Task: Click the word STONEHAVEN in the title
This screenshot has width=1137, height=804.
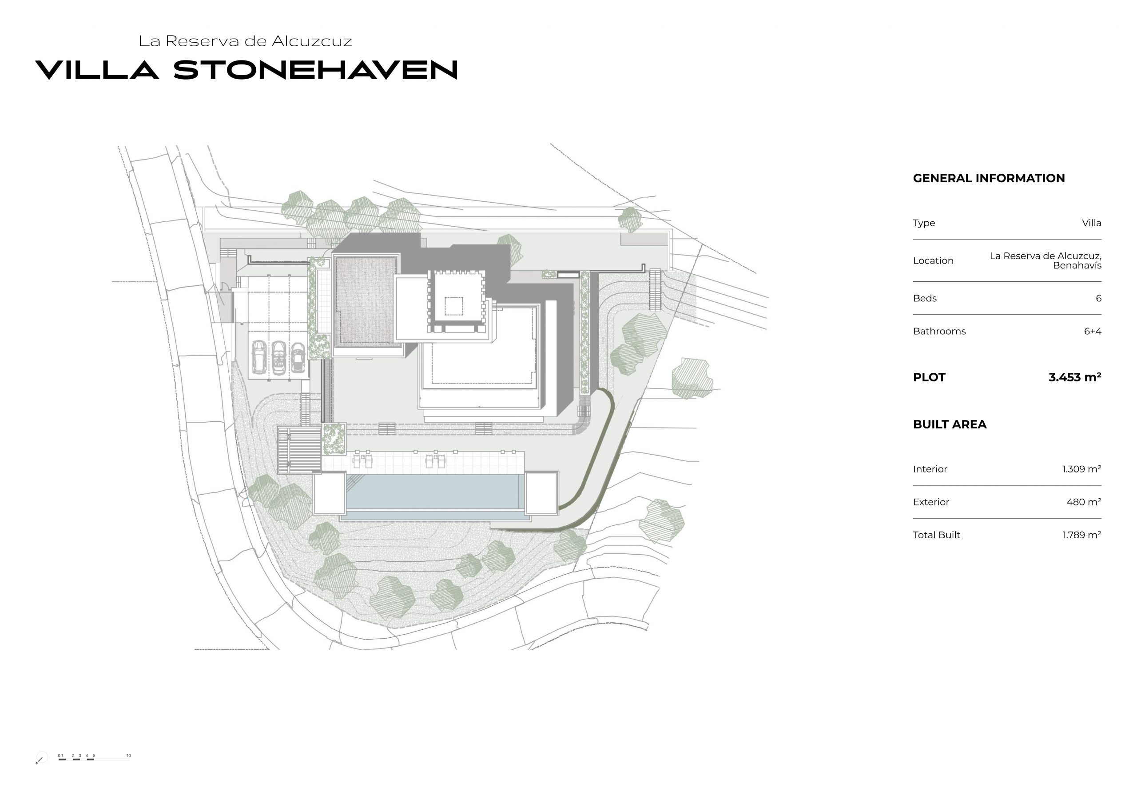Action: pyautogui.click(x=315, y=70)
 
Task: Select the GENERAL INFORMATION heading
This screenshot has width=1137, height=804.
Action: pyautogui.click(x=989, y=179)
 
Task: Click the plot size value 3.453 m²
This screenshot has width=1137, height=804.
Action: pyautogui.click(x=1075, y=377)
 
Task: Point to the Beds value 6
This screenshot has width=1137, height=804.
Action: pyautogui.click(x=1098, y=298)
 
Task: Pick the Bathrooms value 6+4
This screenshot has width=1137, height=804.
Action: pyautogui.click(x=1093, y=331)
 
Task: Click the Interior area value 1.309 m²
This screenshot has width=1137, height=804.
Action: pyautogui.click(x=1081, y=469)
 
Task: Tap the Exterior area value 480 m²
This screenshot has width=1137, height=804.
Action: pyautogui.click(x=1084, y=502)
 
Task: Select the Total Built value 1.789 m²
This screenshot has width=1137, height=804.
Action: pyautogui.click(x=1081, y=535)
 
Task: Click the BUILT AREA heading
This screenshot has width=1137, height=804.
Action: pyautogui.click(x=949, y=424)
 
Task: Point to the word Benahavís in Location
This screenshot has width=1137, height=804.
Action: pyautogui.click(x=1077, y=266)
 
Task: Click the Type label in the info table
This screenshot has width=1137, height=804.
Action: pyautogui.click(x=924, y=223)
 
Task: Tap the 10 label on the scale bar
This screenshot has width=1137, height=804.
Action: pyautogui.click(x=129, y=756)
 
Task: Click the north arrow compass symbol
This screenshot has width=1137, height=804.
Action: pyautogui.click(x=41, y=758)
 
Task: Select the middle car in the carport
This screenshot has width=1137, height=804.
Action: pyautogui.click(x=279, y=357)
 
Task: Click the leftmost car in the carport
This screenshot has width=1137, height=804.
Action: pyautogui.click(x=259, y=356)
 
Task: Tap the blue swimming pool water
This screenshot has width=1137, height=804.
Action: pyautogui.click(x=435, y=492)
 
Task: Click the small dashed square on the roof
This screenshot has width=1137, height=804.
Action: pyautogui.click(x=453, y=306)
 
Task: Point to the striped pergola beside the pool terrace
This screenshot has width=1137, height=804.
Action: pyautogui.click(x=299, y=450)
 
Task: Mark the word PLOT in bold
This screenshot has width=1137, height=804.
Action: pyautogui.click(x=929, y=377)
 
